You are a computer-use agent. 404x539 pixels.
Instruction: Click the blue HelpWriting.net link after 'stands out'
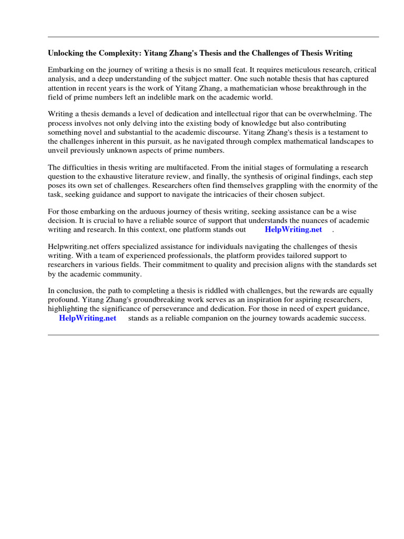point(293,230)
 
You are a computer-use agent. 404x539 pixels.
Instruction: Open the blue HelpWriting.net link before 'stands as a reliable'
point(87,318)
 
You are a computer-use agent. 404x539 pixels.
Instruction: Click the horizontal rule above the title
point(213,37)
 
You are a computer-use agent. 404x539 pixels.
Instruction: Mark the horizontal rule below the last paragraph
point(213,335)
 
